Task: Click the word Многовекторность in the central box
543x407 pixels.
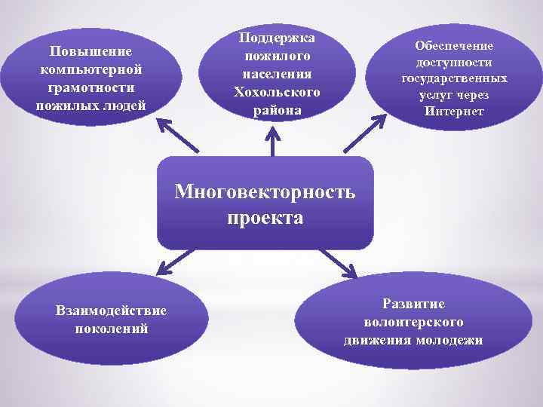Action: tap(265, 191)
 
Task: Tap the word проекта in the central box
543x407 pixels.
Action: tap(265, 219)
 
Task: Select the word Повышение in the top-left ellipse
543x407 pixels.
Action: tap(90, 51)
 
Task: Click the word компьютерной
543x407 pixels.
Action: tap(90, 69)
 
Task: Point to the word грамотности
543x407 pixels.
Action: tap(90, 87)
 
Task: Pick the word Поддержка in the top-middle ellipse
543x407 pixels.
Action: tap(277, 38)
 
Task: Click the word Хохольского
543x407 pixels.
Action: tap(277, 92)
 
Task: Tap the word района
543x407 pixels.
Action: tap(277, 110)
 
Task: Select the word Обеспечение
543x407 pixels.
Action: tap(454, 45)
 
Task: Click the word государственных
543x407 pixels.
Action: tap(454, 78)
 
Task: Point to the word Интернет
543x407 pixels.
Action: tap(454, 112)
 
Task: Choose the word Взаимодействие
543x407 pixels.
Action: tap(112, 311)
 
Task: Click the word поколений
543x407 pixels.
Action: tap(112, 329)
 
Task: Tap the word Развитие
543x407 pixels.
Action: tap(413, 304)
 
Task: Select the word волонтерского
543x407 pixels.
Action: tap(413, 322)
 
